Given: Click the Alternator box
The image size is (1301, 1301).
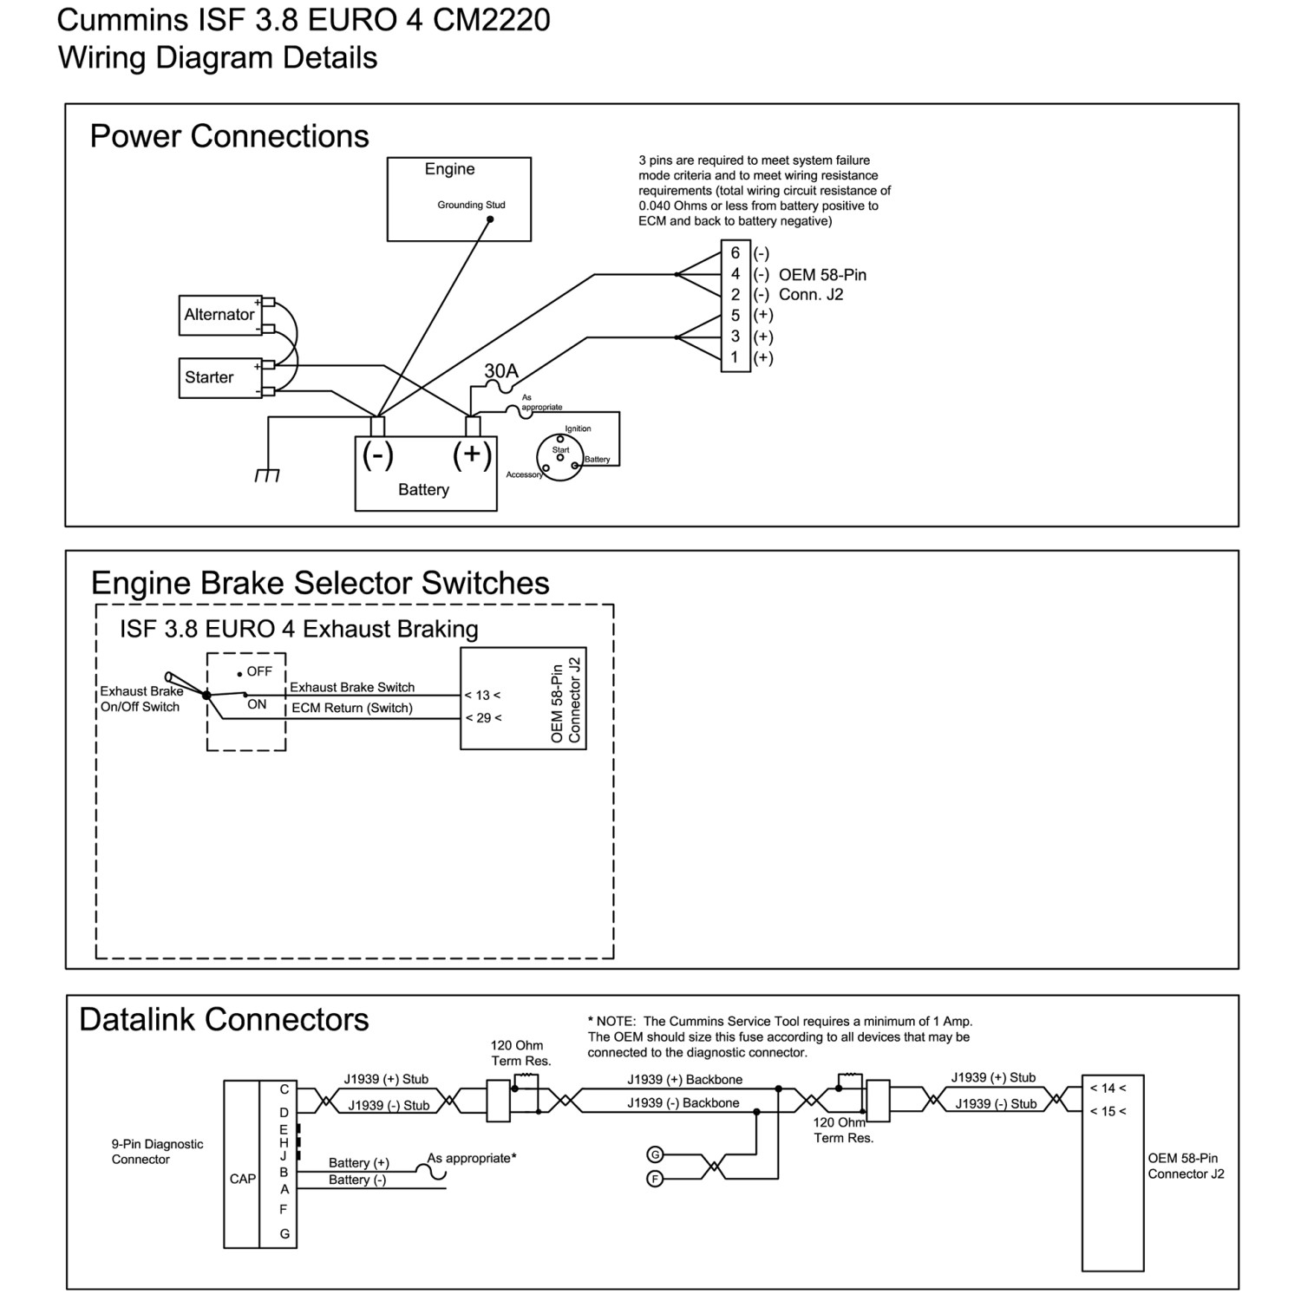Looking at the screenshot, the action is (x=220, y=315).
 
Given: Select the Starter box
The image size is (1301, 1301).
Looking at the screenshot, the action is (x=220, y=378).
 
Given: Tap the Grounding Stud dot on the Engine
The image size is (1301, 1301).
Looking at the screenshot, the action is (x=490, y=220).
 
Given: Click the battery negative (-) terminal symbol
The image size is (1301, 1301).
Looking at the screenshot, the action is (x=377, y=454).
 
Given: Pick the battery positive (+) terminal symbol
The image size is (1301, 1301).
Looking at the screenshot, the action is (x=473, y=454).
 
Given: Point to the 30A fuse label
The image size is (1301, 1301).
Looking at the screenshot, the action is (x=501, y=371).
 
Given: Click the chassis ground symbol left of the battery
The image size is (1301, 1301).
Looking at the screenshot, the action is (x=267, y=475).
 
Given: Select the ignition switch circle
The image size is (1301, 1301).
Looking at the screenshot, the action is (x=559, y=457).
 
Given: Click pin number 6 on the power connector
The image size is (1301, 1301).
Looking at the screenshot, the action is (x=735, y=252).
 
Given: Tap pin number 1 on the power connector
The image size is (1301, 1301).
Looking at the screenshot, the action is (x=735, y=357).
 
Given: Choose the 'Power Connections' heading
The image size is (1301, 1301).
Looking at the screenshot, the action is (x=230, y=136).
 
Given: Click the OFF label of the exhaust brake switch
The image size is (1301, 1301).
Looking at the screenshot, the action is (x=259, y=671).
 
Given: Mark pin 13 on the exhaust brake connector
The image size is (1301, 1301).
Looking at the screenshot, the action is (x=482, y=696).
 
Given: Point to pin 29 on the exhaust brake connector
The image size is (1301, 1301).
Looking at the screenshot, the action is (x=483, y=718).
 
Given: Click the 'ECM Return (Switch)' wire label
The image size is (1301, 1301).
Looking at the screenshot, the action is (x=352, y=709).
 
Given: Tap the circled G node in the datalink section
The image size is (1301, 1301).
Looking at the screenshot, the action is (x=656, y=1154).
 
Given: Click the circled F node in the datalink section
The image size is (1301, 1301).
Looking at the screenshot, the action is (x=656, y=1179).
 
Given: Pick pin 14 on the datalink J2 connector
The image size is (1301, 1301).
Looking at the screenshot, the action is (x=1108, y=1089).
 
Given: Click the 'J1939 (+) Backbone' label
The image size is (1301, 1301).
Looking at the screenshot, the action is (x=685, y=1080).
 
